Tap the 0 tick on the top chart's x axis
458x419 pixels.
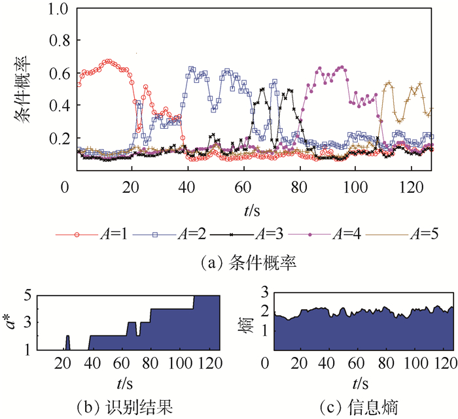63,186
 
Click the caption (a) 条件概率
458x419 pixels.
249,262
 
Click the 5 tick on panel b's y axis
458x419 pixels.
28,295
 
